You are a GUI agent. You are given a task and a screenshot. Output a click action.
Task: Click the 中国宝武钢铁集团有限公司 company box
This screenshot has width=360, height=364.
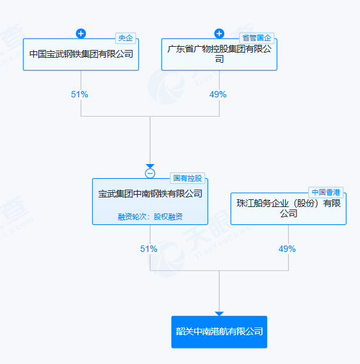[81, 54]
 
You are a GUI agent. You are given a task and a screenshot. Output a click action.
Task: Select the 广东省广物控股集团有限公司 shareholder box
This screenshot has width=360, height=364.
[219, 54]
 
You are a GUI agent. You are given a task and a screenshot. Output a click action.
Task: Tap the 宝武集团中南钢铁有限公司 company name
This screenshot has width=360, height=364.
[150, 194]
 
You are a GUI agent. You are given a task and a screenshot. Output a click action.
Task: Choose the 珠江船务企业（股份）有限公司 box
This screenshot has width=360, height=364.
[288, 208]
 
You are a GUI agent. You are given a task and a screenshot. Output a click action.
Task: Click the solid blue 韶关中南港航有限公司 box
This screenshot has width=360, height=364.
[219, 332]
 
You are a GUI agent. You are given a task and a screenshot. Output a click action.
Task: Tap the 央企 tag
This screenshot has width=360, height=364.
[126, 38]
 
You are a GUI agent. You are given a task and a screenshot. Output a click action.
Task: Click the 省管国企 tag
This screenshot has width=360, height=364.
[257, 38]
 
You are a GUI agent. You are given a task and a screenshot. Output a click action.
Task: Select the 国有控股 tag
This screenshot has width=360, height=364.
[188, 178]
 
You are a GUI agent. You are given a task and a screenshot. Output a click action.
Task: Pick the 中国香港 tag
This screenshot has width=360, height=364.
[326, 192]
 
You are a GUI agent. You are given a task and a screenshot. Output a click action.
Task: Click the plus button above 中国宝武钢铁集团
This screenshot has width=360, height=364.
[81, 34]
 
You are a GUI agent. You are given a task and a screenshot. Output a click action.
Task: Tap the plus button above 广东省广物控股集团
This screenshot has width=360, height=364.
[219, 34]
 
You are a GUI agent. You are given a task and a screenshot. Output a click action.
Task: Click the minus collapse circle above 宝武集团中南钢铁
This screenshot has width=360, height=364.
[150, 174]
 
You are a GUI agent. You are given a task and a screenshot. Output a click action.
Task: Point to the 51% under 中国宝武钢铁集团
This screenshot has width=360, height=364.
[79, 94]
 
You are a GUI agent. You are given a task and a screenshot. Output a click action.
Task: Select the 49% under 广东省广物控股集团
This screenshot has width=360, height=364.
[218, 94]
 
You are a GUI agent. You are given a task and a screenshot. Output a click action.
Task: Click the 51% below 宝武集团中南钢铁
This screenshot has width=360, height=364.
[149, 249]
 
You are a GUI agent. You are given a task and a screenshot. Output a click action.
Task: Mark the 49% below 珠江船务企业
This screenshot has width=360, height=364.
[287, 249]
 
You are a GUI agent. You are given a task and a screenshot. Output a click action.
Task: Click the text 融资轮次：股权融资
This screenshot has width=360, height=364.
[150, 217]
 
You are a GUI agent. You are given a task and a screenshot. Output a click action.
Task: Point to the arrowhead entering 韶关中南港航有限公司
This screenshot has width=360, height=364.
[219, 313]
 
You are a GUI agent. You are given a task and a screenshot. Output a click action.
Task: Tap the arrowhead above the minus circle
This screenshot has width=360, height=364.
[150, 166]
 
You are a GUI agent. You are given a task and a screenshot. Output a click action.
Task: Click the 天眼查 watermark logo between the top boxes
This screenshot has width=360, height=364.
[166, 87]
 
